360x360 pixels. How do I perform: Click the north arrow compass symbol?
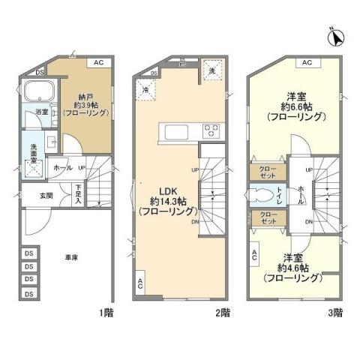[x=335, y=35]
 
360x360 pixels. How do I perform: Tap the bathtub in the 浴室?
[x=37, y=93]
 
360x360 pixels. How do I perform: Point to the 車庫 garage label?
[x=72, y=256]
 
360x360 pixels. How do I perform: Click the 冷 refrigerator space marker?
[x=145, y=90]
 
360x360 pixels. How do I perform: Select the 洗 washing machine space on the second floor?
[x=214, y=70]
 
